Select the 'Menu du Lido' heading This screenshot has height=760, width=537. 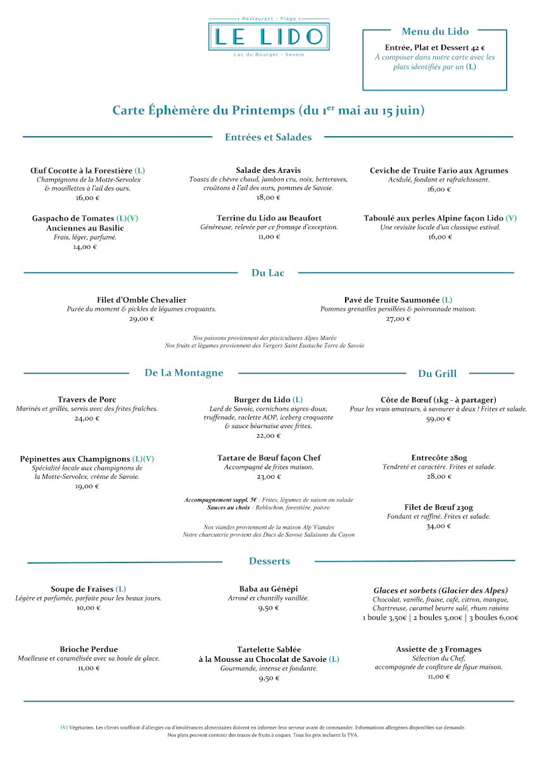click(435, 32)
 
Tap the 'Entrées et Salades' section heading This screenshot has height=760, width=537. click(268, 137)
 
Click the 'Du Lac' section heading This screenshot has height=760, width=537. click(268, 273)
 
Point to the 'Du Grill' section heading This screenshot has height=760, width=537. click(437, 374)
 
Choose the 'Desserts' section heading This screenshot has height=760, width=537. click(269, 561)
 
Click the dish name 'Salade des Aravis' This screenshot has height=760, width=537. click(268, 170)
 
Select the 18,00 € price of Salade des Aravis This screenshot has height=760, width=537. click(268, 197)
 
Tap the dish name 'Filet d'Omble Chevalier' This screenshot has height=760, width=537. click(142, 300)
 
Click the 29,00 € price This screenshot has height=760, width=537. click(142, 319)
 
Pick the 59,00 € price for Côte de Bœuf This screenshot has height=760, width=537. click(438, 419)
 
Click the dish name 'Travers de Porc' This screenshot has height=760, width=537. click(87, 400)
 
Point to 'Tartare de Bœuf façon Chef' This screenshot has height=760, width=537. click(268, 458)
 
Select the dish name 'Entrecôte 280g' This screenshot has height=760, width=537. click(439, 458)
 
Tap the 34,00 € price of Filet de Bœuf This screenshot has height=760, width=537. click(439, 526)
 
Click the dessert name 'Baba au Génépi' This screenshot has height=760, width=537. click(268, 589)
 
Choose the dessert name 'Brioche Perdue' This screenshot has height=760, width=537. click(89, 649)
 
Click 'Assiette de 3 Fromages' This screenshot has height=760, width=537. click(439, 649)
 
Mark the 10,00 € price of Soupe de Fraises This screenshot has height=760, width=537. click(89, 607)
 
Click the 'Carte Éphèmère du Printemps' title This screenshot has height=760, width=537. click(268, 110)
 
